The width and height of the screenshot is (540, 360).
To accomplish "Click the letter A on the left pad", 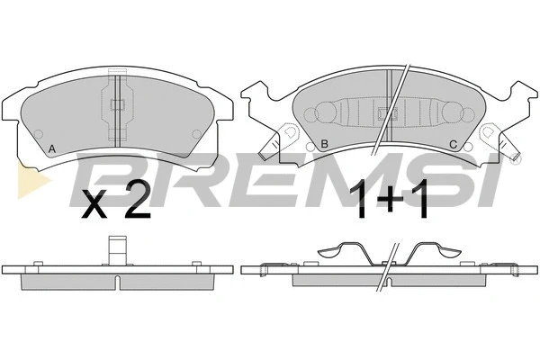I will pyautogui.click(x=52, y=148).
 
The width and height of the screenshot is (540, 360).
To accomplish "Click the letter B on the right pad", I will pyautogui.click(x=323, y=145).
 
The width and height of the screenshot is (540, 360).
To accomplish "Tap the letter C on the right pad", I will pyautogui.click(x=454, y=145).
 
